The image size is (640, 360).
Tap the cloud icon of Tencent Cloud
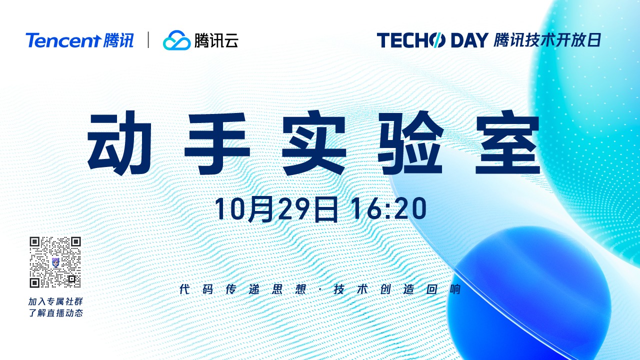point(176,40)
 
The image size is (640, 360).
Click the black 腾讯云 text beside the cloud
point(216,40)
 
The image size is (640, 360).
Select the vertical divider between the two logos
point(148,40)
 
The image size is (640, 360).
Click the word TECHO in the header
point(411,40)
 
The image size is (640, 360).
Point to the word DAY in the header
point(469,40)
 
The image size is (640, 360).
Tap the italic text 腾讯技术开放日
point(547,40)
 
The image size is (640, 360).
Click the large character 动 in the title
point(119,143)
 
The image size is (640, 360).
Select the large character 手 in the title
point(217,143)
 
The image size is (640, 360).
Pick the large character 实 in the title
point(314,143)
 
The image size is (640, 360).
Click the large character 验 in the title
point(411,143)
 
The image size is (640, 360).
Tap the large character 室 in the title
point(507,143)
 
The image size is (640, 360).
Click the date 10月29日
point(276,209)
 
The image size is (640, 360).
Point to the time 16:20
point(389,209)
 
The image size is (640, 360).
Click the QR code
point(55,262)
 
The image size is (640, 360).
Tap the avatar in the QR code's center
point(55,262)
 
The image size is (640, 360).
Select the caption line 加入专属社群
point(55,301)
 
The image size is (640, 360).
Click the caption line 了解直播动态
point(55,313)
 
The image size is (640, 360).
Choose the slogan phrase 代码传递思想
point(243,289)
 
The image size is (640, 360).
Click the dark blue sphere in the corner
point(528,294)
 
